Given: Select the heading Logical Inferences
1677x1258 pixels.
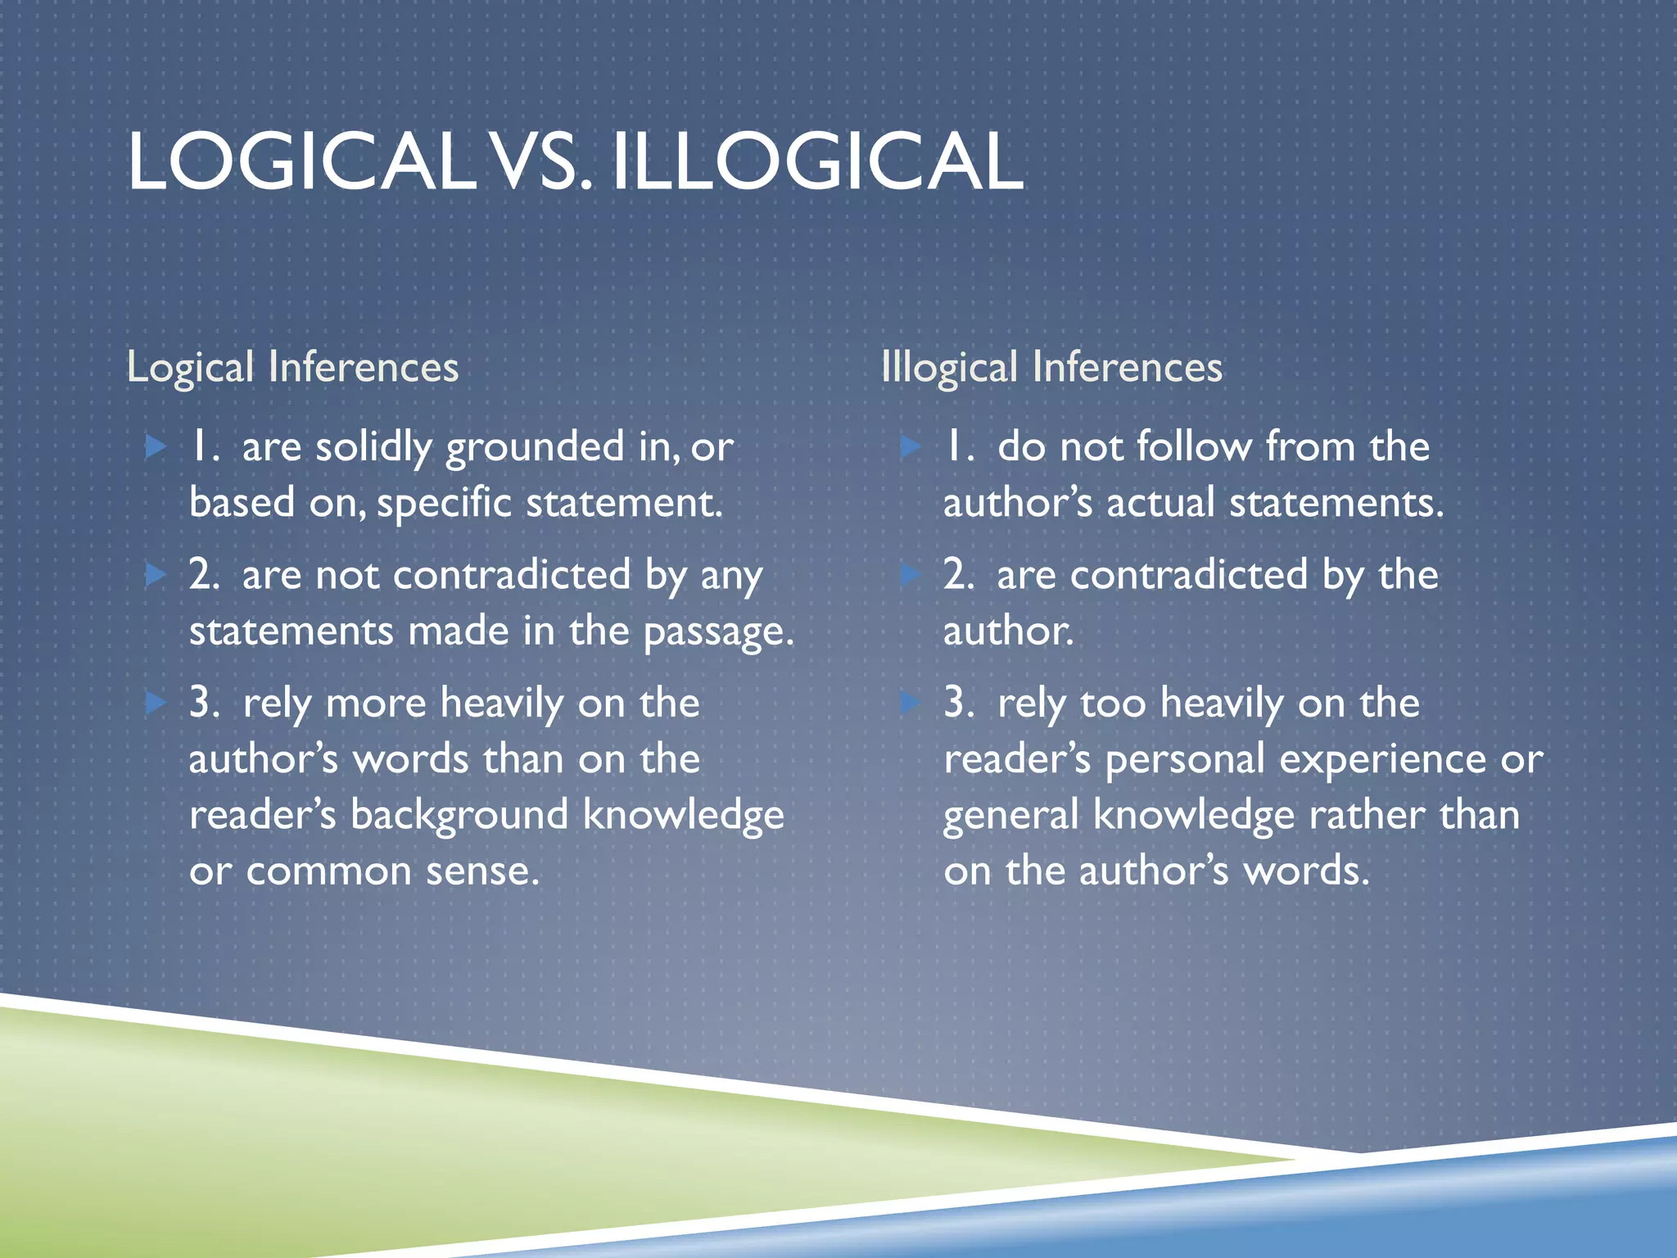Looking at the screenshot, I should point(292,367).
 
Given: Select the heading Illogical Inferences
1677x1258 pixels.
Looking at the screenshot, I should point(1051,367).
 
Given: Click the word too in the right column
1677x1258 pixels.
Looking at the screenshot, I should point(1113,704).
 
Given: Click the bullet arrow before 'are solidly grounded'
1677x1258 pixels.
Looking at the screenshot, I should point(156,447).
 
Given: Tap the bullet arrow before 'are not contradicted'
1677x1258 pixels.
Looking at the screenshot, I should point(156,575).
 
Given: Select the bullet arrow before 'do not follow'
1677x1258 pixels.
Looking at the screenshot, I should point(911,447).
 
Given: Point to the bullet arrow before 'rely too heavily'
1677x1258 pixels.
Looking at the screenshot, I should point(911,703).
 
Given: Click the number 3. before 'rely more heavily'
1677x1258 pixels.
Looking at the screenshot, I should point(204,704).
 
